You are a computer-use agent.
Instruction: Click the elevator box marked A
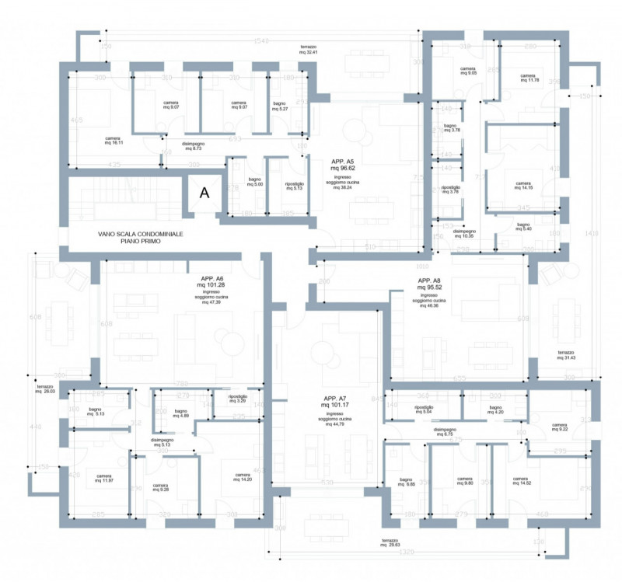204,193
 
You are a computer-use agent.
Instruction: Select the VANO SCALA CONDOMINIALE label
141,238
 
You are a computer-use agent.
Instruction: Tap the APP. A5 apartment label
342,164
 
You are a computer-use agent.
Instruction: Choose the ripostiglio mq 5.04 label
424,409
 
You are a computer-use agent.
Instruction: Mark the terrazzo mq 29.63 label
390,542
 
